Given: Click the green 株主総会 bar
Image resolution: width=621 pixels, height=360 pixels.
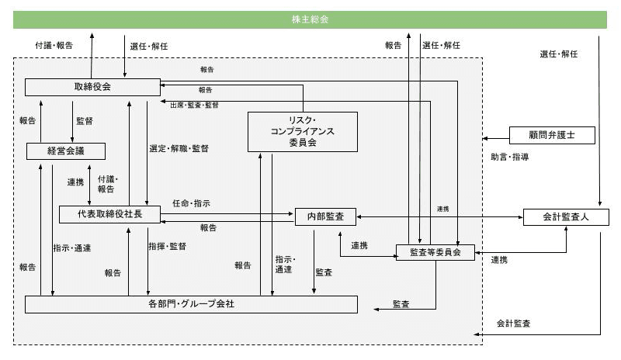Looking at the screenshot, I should click(x=310, y=19).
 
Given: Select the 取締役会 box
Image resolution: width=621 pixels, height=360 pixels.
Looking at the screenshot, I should click(x=92, y=86).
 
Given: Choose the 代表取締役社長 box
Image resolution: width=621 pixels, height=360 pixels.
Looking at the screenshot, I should click(x=109, y=213).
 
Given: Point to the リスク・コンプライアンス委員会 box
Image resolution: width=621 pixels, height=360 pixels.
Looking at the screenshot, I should click(x=302, y=131).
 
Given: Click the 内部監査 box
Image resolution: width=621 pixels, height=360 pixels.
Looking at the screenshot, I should click(x=325, y=217).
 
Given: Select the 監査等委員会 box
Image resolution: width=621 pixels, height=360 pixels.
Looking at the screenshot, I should click(x=435, y=251).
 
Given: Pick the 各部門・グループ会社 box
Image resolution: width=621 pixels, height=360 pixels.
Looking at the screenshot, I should click(x=191, y=304).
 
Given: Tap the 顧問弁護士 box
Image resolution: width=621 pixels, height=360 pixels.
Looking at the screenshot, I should click(x=551, y=136).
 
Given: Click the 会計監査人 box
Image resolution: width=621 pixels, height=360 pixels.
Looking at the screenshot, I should click(x=566, y=217).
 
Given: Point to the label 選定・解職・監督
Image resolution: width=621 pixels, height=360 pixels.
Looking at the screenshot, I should click(x=179, y=148).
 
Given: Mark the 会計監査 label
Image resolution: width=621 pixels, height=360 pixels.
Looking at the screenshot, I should click(x=513, y=323).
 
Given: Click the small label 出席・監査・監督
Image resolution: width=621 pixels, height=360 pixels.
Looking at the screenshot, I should click(x=194, y=105).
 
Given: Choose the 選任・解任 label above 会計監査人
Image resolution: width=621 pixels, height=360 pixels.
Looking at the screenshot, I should click(x=559, y=54).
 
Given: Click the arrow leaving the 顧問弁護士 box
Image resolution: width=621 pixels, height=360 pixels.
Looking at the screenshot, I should click(x=495, y=137).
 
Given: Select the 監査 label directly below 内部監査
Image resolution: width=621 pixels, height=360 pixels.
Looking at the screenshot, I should click(x=324, y=272).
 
